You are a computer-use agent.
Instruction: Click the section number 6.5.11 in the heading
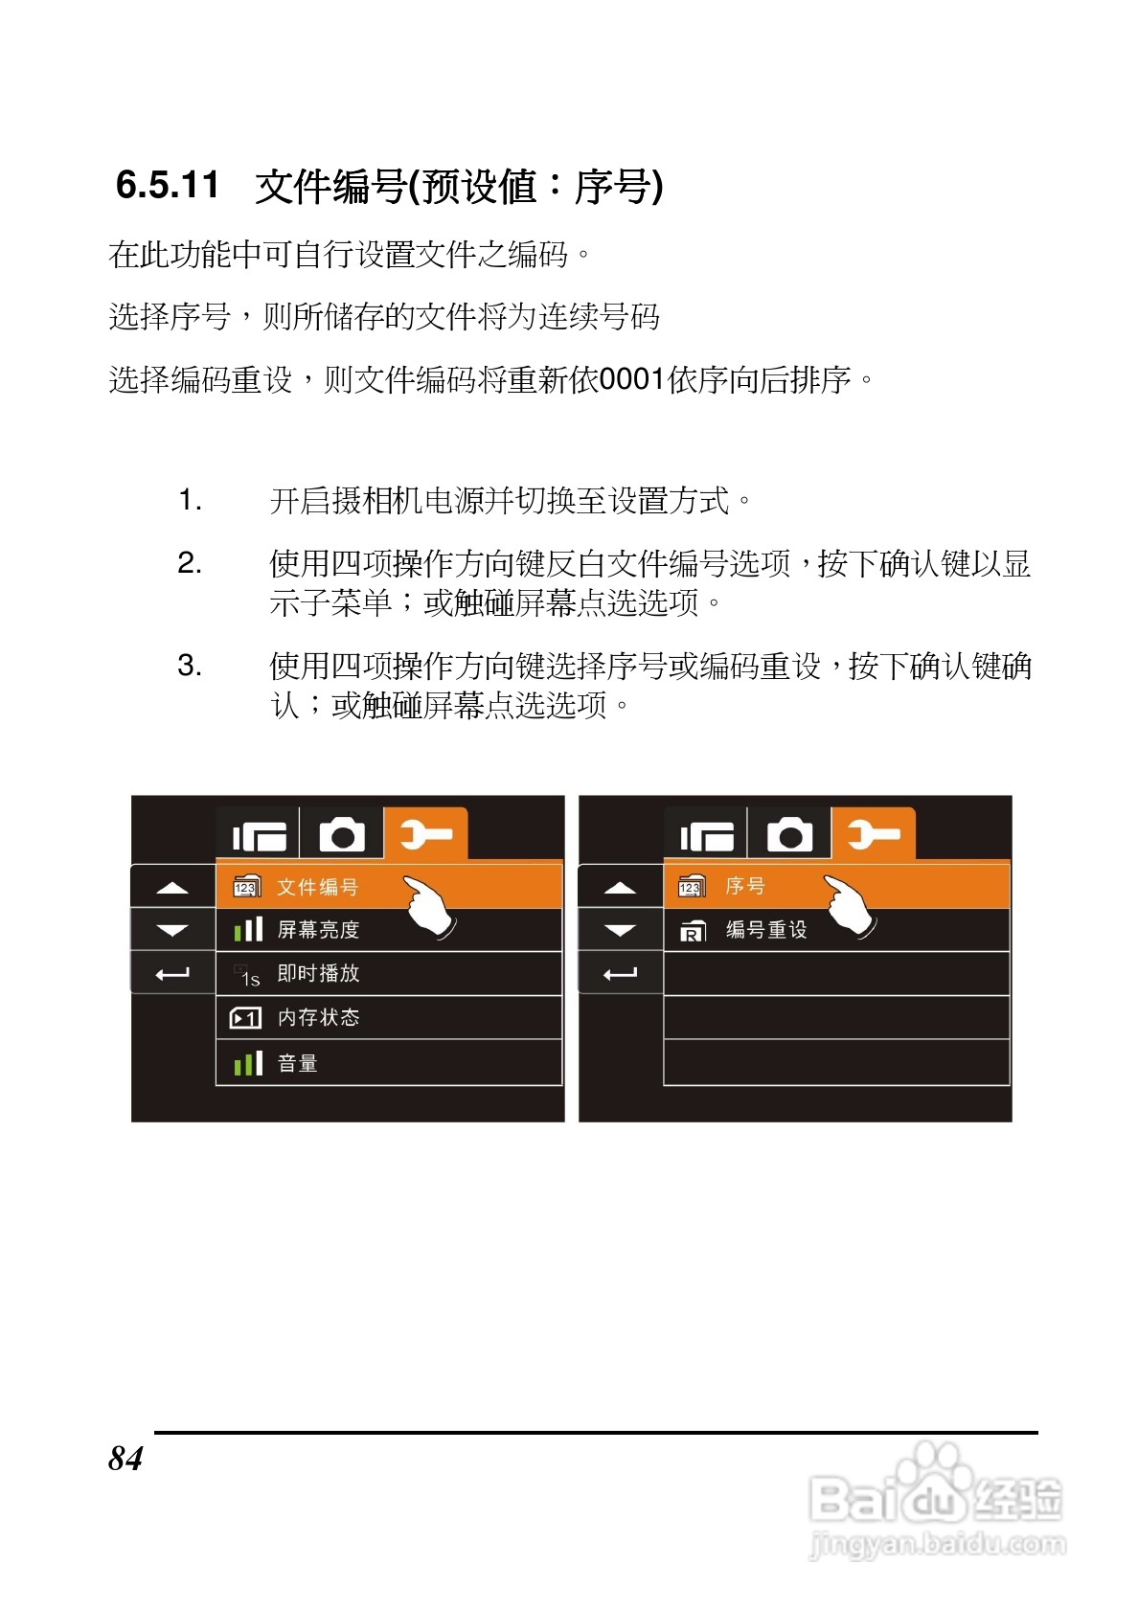click(x=168, y=185)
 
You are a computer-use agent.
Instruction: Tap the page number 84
click(x=125, y=1458)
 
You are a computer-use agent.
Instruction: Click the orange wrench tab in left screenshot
click(x=425, y=834)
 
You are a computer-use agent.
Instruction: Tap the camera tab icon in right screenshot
click(x=789, y=834)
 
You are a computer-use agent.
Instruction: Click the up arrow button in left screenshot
click(x=172, y=888)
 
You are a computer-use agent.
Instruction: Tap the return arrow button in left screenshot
click(x=172, y=974)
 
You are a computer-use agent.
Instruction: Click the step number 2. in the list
click(x=190, y=563)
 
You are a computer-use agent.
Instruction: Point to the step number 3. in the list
click(x=190, y=666)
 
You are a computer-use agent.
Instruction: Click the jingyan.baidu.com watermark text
click(x=937, y=1544)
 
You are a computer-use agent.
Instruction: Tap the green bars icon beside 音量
click(x=248, y=1063)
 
